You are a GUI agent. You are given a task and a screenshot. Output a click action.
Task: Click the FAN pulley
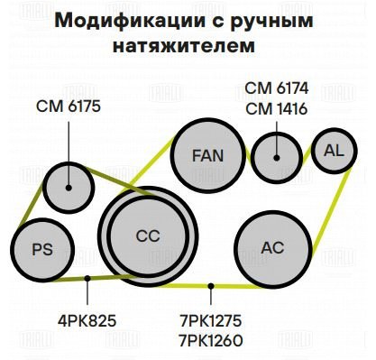(x=208, y=156)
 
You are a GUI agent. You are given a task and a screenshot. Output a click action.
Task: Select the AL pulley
(x=334, y=151)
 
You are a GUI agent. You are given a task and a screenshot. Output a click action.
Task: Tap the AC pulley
(x=273, y=248)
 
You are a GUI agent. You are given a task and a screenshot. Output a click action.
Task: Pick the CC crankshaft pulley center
(x=148, y=236)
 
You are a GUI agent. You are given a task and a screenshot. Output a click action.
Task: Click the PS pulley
(x=42, y=250)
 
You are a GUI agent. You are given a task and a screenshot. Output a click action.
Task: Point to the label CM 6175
(x=69, y=106)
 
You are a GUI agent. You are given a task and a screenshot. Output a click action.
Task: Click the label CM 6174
(x=277, y=88)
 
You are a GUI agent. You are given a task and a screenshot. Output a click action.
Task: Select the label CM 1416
(x=277, y=109)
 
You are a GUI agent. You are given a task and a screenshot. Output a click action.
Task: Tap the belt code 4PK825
(x=87, y=321)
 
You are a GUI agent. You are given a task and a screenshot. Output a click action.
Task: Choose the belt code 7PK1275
(x=211, y=321)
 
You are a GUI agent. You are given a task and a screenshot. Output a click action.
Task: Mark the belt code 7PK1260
(x=211, y=341)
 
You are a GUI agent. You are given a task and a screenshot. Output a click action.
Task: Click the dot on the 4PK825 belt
(x=87, y=279)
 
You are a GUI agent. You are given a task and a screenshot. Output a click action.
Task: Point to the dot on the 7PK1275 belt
(x=211, y=286)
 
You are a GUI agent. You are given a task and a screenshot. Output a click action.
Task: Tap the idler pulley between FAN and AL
(x=277, y=158)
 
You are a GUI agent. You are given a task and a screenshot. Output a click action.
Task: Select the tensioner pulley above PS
(x=69, y=188)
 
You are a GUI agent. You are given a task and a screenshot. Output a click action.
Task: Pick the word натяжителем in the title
(x=184, y=47)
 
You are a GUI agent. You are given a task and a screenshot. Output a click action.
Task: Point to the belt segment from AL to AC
(x=331, y=211)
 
